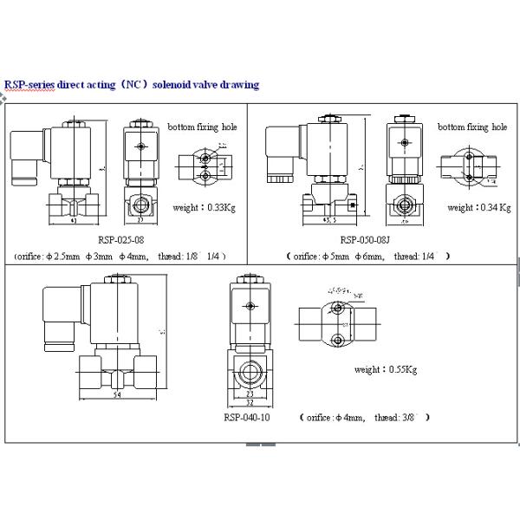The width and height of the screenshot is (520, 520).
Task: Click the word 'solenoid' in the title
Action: tap(181, 85)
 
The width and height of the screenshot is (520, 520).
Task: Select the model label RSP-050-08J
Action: tap(365, 239)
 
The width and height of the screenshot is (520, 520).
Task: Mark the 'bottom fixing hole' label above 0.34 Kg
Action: tap(471, 127)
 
